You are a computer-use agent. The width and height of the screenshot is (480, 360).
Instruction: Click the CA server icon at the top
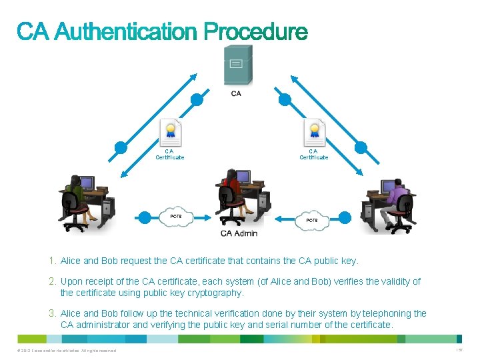pyautogui.click(x=237, y=65)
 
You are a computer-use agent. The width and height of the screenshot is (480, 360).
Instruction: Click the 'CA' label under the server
pyautogui.click(x=236, y=93)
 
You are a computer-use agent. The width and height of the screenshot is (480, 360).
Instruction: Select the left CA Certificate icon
pyautogui.click(x=170, y=133)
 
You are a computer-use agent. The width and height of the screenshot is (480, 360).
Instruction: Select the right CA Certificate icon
pyautogui.click(x=314, y=133)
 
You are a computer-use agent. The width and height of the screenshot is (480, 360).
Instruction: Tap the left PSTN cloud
pyautogui.click(x=176, y=217)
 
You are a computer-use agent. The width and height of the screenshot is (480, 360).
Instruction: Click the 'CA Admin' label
pyautogui.click(x=239, y=233)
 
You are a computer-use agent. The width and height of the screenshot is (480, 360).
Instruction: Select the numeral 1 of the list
pyautogui.click(x=51, y=261)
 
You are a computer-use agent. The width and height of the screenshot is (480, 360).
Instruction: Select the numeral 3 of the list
pyautogui.click(x=51, y=313)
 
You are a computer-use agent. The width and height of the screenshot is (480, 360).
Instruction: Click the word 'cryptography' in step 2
pyautogui.click(x=217, y=293)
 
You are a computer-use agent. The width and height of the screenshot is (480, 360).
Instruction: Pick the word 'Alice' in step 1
pyautogui.click(x=71, y=261)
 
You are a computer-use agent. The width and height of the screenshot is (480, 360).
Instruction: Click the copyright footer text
pyautogui.click(x=63, y=351)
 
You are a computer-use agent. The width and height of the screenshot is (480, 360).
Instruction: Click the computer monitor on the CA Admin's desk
pyautogui.click(x=243, y=177)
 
